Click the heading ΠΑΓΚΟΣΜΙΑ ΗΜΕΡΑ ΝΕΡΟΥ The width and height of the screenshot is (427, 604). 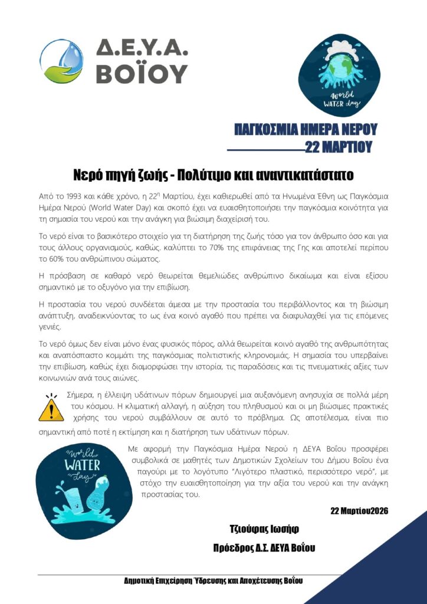click(x=305, y=130)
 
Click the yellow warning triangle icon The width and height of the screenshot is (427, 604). click(x=51, y=408)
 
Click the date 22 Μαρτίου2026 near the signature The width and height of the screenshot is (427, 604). click(x=359, y=510)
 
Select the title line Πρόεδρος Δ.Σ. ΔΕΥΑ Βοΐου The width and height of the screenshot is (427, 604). click(x=264, y=548)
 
